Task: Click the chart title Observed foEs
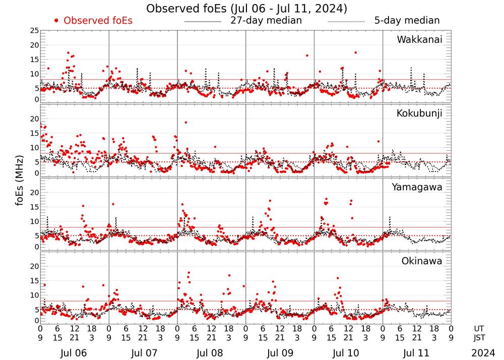(246, 9)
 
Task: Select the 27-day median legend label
(266, 21)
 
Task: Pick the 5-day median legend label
(407, 21)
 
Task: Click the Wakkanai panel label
(419, 39)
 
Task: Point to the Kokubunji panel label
(419, 113)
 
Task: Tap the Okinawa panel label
(422, 261)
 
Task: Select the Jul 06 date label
(74, 352)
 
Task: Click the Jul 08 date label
(211, 352)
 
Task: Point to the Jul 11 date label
(416, 352)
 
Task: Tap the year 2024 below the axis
(484, 352)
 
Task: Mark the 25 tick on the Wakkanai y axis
(34, 31)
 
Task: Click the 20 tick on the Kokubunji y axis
(34, 118)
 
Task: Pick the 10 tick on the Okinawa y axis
(34, 295)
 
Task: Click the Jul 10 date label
(348, 352)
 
